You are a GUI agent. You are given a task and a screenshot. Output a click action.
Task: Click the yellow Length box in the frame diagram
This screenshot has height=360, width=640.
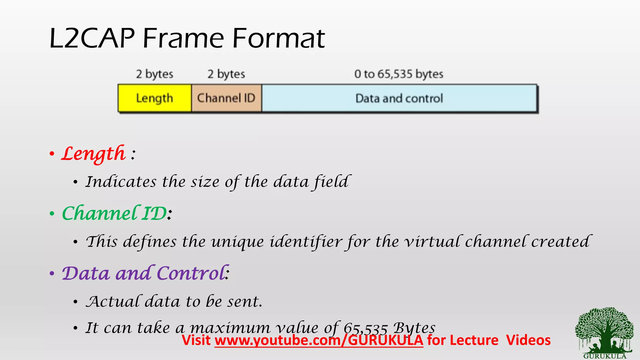tap(154, 98)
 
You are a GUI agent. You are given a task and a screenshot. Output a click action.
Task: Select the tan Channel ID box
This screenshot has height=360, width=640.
tap(226, 98)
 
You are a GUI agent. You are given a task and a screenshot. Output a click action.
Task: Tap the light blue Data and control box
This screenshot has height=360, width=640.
tap(399, 98)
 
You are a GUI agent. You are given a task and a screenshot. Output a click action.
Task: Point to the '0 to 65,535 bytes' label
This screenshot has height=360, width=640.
tap(399, 74)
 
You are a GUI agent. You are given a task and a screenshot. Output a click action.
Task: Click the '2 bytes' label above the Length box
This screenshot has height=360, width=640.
tap(154, 74)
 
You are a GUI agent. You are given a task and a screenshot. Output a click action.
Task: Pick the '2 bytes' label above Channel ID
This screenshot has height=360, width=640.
tap(226, 74)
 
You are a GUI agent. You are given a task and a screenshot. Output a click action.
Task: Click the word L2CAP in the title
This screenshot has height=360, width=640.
tap(92, 38)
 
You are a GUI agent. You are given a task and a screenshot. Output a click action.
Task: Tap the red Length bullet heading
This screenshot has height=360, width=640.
tap(93, 154)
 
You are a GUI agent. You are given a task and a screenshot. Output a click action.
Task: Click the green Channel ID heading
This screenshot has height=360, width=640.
tap(114, 213)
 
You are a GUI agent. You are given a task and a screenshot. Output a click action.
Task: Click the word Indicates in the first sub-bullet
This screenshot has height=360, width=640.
tap(121, 182)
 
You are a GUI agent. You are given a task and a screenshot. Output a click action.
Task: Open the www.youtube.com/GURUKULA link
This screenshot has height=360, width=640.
tap(319, 340)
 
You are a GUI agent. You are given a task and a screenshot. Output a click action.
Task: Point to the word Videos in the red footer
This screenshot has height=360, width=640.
tap(528, 340)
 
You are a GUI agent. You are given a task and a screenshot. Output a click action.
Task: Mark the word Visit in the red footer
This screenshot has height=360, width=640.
tap(196, 340)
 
